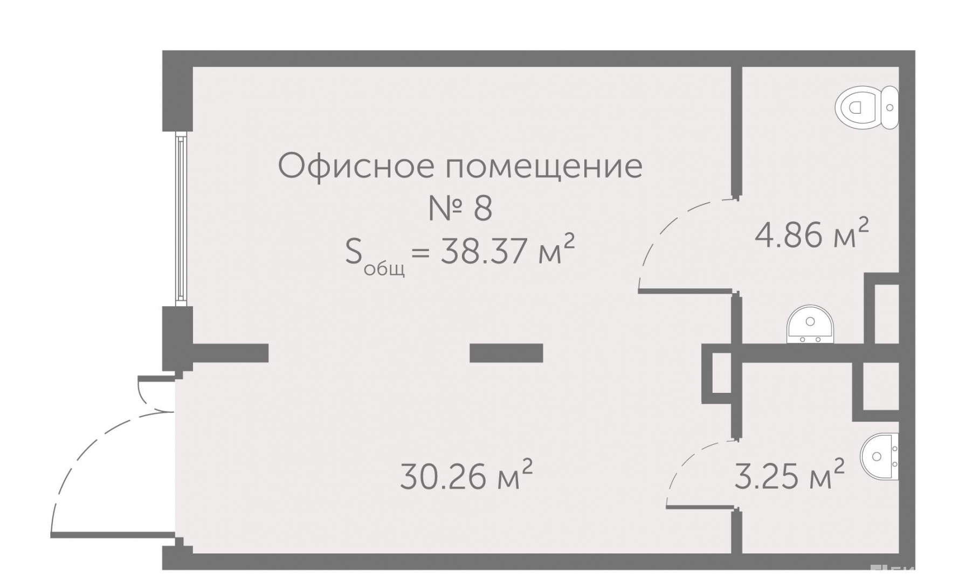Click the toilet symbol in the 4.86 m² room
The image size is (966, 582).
click(x=867, y=107)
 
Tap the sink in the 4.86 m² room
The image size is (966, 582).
click(x=810, y=325)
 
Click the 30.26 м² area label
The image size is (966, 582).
click(x=466, y=476)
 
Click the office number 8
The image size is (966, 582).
click(x=483, y=209)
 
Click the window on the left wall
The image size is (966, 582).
click(x=181, y=219)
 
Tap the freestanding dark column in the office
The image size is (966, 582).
click(x=506, y=353)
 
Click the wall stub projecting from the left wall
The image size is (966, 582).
click(x=231, y=352)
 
